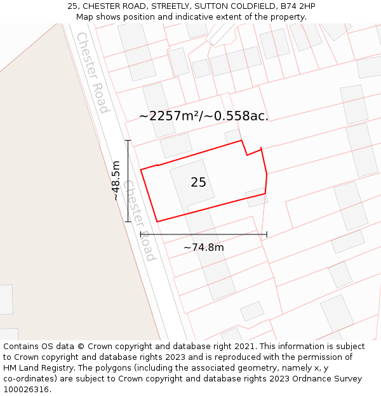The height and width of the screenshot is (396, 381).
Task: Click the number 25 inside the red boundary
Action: click(198, 182)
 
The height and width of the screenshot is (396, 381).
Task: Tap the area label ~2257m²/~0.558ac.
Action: click(204, 116)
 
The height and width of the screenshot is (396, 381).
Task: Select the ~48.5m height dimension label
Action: click(116, 181)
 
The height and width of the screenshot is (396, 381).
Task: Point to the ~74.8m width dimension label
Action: click(204, 248)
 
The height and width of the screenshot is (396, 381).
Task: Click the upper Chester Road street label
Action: click(93, 72)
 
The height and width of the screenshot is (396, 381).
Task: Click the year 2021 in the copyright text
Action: click(244, 347)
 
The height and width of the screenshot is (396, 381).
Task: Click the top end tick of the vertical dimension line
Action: click(128, 141)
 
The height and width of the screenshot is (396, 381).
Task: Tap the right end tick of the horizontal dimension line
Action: click(267, 234)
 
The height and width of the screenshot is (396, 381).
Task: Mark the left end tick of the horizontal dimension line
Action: click(141, 234)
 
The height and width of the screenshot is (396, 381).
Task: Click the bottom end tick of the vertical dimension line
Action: click(128, 222)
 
